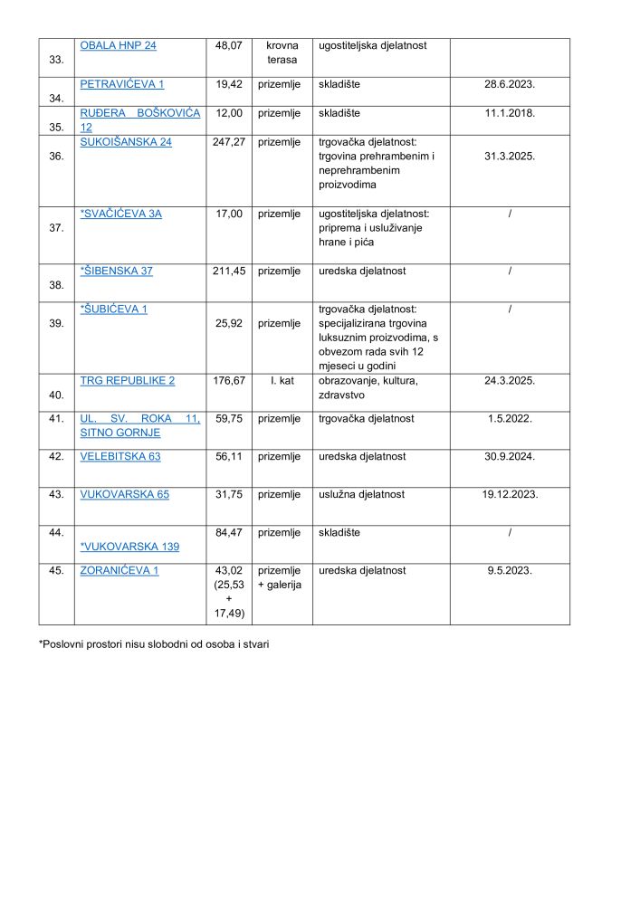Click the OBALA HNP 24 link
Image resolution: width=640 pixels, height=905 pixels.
(118, 45)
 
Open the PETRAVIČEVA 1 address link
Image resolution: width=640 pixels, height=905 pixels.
(121, 83)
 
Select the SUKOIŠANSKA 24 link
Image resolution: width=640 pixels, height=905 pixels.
(125, 142)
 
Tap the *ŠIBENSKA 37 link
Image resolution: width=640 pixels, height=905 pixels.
(116, 271)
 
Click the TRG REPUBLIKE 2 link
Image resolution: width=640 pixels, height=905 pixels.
(127, 380)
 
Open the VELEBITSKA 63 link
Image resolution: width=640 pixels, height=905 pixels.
(120, 456)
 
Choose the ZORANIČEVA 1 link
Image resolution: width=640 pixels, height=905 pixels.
(119, 570)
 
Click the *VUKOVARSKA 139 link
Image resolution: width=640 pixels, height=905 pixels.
(129, 547)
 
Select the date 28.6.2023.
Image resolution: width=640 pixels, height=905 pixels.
(510, 83)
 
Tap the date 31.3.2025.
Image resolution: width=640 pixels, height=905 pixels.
(510, 156)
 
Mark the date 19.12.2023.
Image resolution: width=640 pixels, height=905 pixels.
(510, 494)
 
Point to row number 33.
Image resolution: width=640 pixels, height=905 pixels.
(57, 60)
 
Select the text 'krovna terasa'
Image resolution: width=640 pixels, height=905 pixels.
(282, 52)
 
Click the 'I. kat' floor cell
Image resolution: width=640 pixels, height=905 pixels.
(282, 380)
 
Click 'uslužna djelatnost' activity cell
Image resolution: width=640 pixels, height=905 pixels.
(361, 494)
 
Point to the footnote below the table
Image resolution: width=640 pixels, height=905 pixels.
(154, 645)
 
